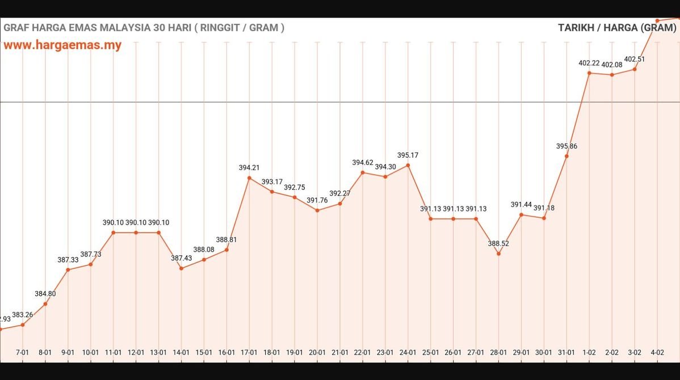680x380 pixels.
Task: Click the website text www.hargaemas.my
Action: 62,45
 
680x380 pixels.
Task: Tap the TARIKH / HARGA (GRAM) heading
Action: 617,27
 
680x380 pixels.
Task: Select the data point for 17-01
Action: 249,178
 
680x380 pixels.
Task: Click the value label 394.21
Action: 249,167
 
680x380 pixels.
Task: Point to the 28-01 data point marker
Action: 498,254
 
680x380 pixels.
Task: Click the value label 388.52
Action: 498,243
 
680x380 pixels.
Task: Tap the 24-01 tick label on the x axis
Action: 408,352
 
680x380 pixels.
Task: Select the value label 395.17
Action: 408,155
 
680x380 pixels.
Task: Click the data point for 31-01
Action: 566,156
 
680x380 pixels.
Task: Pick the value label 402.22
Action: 589,63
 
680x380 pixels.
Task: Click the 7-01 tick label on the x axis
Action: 22,352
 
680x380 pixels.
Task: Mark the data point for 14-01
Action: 181,268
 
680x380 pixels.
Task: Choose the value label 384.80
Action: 45,294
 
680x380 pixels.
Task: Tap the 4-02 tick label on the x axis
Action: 657,352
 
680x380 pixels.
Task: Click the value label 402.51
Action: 635,59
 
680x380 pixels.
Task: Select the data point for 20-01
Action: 317,210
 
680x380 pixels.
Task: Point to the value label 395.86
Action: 566,146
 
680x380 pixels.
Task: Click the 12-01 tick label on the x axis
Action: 136,352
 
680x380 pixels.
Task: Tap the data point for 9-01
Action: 68,269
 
